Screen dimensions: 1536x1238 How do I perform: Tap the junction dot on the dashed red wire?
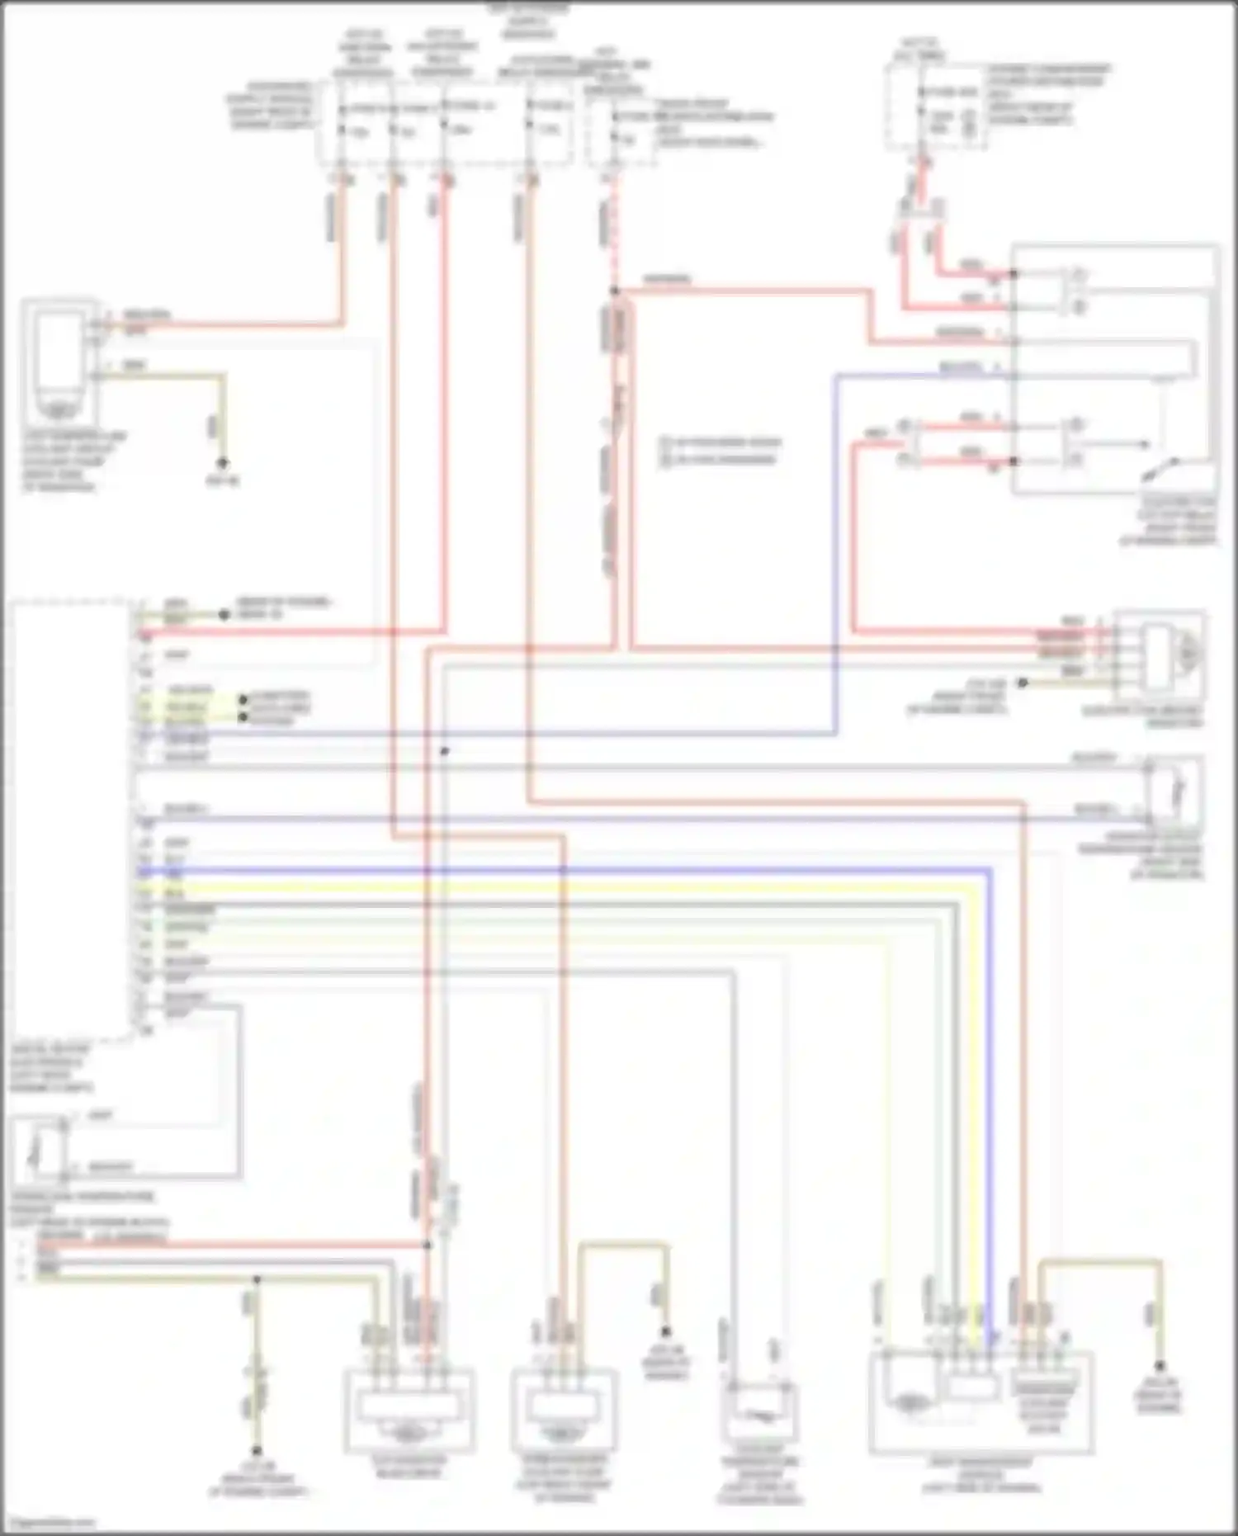(614, 291)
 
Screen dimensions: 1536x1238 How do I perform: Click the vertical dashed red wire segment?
(613, 239)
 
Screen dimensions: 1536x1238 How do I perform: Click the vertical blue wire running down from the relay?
(836, 553)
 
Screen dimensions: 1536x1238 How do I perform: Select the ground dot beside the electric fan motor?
(1022, 683)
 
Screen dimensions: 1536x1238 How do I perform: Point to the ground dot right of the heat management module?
(1159, 1366)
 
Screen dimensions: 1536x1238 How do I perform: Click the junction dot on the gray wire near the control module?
(444, 751)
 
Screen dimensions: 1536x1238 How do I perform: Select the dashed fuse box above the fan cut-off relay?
(936, 107)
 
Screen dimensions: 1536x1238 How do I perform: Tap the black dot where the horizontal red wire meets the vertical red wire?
(428, 1245)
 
